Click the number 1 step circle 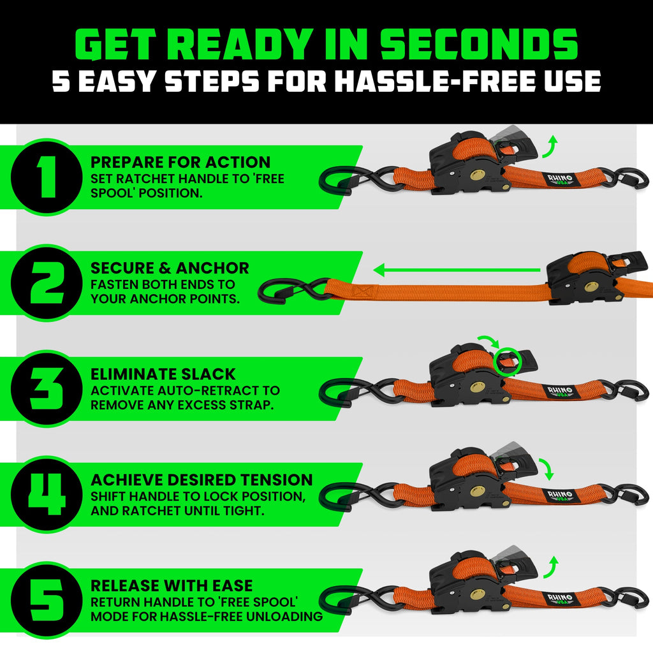[43, 177]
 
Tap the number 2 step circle [43, 284]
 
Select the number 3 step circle [43, 390]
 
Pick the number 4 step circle [43, 495]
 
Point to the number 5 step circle [43, 601]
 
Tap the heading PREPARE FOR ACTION [180, 162]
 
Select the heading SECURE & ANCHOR [170, 268]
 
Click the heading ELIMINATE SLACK [163, 374]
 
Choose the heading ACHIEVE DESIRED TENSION [202, 480]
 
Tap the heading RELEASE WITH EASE [172, 585]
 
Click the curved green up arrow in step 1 [550, 146]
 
